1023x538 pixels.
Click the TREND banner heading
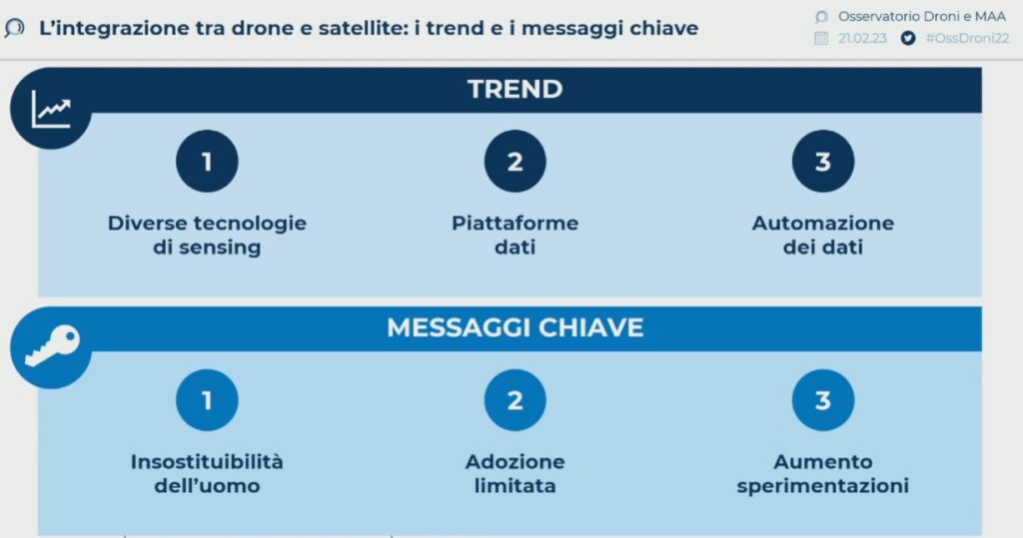pyautogui.click(x=514, y=90)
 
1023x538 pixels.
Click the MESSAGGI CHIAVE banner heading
pyautogui.click(x=514, y=327)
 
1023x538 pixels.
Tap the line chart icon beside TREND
pyautogui.click(x=51, y=108)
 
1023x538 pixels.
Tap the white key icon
pyautogui.click(x=52, y=345)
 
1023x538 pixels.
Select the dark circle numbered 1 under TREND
pyautogui.click(x=207, y=161)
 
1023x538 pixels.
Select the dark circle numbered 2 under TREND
pyautogui.click(x=514, y=161)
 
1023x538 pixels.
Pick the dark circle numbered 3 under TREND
pyautogui.click(x=823, y=161)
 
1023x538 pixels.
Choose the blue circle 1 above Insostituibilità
pyautogui.click(x=207, y=399)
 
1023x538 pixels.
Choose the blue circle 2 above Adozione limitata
pyautogui.click(x=514, y=399)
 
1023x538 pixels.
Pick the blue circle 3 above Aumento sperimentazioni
pyautogui.click(x=823, y=399)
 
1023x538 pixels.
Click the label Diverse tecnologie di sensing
pyautogui.click(x=207, y=235)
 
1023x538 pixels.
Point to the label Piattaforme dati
pyautogui.click(x=514, y=235)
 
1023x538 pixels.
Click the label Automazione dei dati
pyautogui.click(x=823, y=235)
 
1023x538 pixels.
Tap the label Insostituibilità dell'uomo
pyautogui.click(x=207, y=473)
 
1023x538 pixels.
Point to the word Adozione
pyautogui.click(x=514, y=462)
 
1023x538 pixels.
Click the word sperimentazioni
pyautogui.click(x=823, y=486)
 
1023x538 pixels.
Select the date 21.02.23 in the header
pyautogui.click(x=862, y=39)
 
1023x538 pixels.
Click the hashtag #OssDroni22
pyautogui.click(x=967, y=39)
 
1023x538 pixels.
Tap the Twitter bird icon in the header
pyautogui.click(x=907, y=39)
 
